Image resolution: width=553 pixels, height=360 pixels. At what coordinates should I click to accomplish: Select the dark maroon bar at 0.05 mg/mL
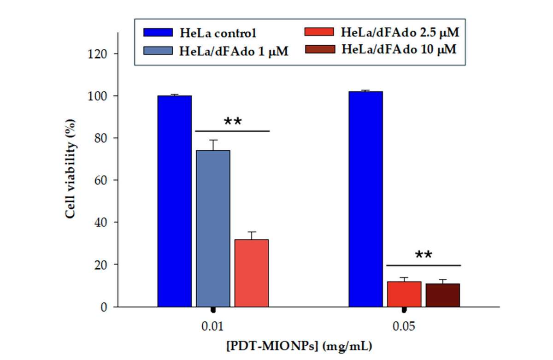(x=443, y=295)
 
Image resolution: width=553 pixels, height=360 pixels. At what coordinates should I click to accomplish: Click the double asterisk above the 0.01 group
(x=233, y=122)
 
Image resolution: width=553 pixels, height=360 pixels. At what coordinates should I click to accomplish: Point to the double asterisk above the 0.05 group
(x=424, y=255)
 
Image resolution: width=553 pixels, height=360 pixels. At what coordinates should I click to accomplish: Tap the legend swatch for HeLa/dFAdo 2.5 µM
(x=319, y=32)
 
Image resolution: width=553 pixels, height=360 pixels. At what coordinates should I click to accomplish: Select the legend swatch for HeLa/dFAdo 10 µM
(x=319, y=49)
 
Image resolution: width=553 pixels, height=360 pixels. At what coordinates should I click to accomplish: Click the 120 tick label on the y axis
(x=97, y=54)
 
